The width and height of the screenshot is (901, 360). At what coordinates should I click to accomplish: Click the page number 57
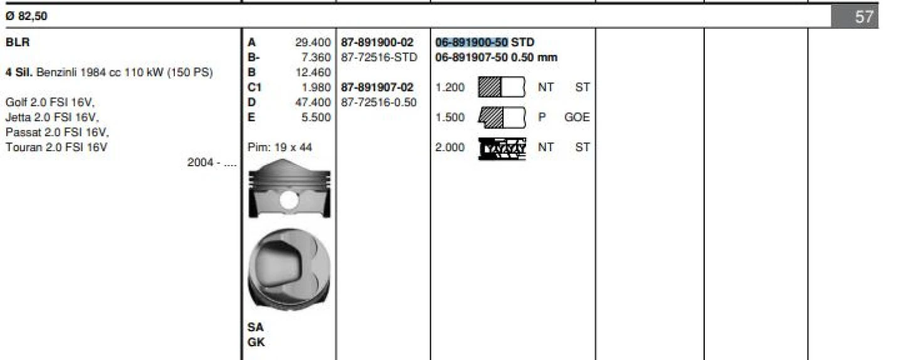coord(863,17)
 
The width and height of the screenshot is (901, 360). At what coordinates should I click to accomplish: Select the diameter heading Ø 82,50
coord(26,17)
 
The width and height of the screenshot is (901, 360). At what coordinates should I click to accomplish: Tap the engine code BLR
coord(18,43)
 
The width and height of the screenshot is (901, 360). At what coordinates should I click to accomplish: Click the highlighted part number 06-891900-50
coord(472,43)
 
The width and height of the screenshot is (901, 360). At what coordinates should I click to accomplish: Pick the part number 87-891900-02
coord(377,43)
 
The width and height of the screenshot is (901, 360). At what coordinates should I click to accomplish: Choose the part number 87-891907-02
coord(377,88)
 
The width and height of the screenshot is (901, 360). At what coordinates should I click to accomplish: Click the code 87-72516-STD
coord(379,58)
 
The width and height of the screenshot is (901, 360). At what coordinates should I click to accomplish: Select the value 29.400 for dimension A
coord(313,43)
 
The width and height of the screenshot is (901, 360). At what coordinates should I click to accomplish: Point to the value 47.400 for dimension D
coord(313,102)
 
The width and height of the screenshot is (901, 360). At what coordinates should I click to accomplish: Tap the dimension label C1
coord(255,88)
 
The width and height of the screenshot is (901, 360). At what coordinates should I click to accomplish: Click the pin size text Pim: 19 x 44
coord(280,147)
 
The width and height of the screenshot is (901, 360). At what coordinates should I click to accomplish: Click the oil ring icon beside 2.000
coord(502,148)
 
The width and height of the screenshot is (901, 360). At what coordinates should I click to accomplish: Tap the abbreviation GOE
coord(577,117)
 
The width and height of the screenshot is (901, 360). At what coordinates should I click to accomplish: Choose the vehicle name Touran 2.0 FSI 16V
coord(57,147)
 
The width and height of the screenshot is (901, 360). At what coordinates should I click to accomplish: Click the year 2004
coord(199,162)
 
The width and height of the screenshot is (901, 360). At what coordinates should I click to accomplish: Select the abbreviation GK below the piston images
coord(256,342)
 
